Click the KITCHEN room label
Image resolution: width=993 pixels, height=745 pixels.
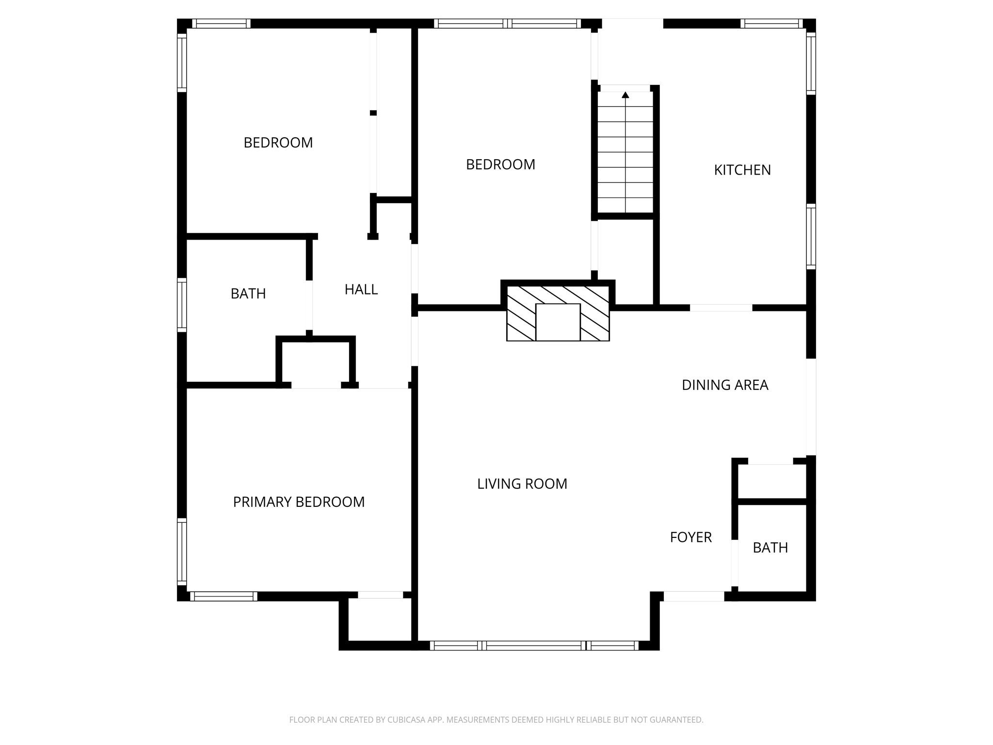click(742, 170)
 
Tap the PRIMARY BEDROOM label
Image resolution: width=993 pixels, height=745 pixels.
click(299, 502)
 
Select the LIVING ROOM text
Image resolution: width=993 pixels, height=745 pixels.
click(522, 484)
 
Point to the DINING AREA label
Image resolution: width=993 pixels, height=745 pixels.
click(724, 385)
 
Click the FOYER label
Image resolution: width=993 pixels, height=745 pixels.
click(690, 537)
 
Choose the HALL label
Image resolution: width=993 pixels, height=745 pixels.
click(361, 290)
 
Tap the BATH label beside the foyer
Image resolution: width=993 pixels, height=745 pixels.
click(770, 548)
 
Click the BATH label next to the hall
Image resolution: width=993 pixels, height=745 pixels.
click(248, 294)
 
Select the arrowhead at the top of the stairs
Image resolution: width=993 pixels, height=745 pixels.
click(625, 95)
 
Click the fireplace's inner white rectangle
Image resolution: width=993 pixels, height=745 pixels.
click(558, 323)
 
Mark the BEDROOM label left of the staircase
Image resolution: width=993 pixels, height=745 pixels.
click(500, 165)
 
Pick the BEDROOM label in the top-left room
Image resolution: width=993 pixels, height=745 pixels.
click(278, 143)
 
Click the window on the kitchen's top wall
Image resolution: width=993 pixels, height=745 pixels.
click(771, 23)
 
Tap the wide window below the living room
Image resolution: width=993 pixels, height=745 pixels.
click(533, 645)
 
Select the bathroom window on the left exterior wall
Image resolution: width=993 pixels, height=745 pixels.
click(182, 305)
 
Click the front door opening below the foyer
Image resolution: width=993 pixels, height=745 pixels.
click(693, 597)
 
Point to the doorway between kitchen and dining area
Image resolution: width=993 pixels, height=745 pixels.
click(721, 308)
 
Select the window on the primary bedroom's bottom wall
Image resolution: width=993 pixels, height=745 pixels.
click(223, 597)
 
